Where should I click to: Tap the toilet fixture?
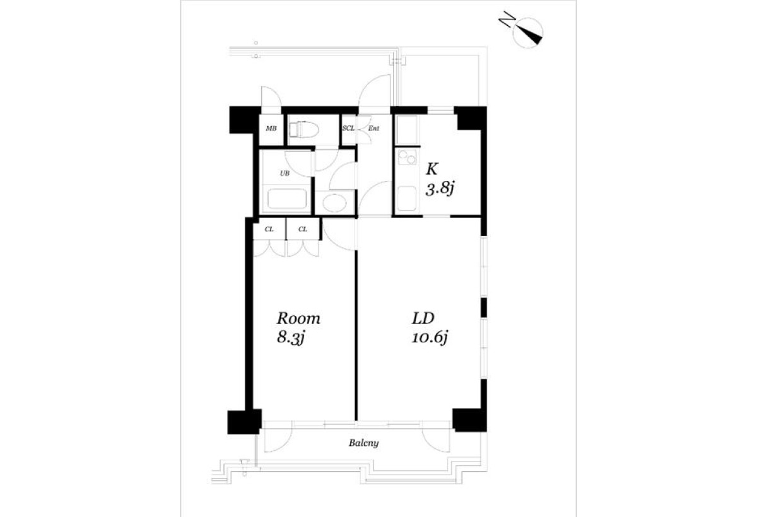(x=304, y=130)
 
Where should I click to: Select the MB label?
(x=271, y=129)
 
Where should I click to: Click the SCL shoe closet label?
(x=348, y=129)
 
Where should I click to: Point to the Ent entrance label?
(x=373, y=129)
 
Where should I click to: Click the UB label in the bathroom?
(x=285, y=173)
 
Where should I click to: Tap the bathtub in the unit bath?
(x=287, y=199)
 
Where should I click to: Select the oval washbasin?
(x=334, y=202)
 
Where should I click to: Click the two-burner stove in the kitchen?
(x=408, y=157)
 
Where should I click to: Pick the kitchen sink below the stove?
(x=406, y=199)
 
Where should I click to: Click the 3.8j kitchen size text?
(x=439, y=189)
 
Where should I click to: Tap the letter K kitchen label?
(x=432, y=169)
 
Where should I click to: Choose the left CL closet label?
(x=269, y=229)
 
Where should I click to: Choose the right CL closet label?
(x=303, y=229)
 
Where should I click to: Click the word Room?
(x=298, y=318)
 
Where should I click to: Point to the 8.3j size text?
(x=291, y=338)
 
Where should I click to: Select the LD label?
(x=423, y=318)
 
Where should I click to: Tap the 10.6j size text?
(x=430, y=338)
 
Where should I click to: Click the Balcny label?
(x=363, y=443)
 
